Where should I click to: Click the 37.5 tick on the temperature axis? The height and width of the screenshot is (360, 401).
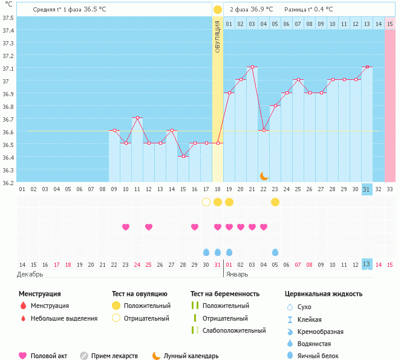(8, 18)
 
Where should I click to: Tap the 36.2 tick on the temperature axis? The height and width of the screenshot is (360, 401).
(8, 182)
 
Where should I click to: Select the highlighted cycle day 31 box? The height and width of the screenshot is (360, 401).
(367, 189)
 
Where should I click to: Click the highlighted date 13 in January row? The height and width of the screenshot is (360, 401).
(367, 264)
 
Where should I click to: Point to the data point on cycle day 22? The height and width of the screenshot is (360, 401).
(264, 131)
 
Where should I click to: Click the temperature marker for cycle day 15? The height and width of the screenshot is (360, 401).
(183, 156)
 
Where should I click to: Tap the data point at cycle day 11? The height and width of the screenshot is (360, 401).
(137, 118)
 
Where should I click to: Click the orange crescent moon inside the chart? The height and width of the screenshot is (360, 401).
(264, 175)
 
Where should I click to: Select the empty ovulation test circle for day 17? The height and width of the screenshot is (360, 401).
(206, 202)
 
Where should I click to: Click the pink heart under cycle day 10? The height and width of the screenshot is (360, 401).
(126, 227)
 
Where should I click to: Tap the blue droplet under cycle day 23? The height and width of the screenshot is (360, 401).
(275, 252)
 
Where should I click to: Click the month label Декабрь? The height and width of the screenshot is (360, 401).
(30, 274)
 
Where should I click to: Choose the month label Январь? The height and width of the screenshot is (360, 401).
(237, 274)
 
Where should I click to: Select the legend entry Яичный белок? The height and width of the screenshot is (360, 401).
(318, 356)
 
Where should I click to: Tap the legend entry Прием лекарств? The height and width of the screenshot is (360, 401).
(114, 356)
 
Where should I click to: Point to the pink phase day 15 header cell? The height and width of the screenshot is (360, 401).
(390, 24)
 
